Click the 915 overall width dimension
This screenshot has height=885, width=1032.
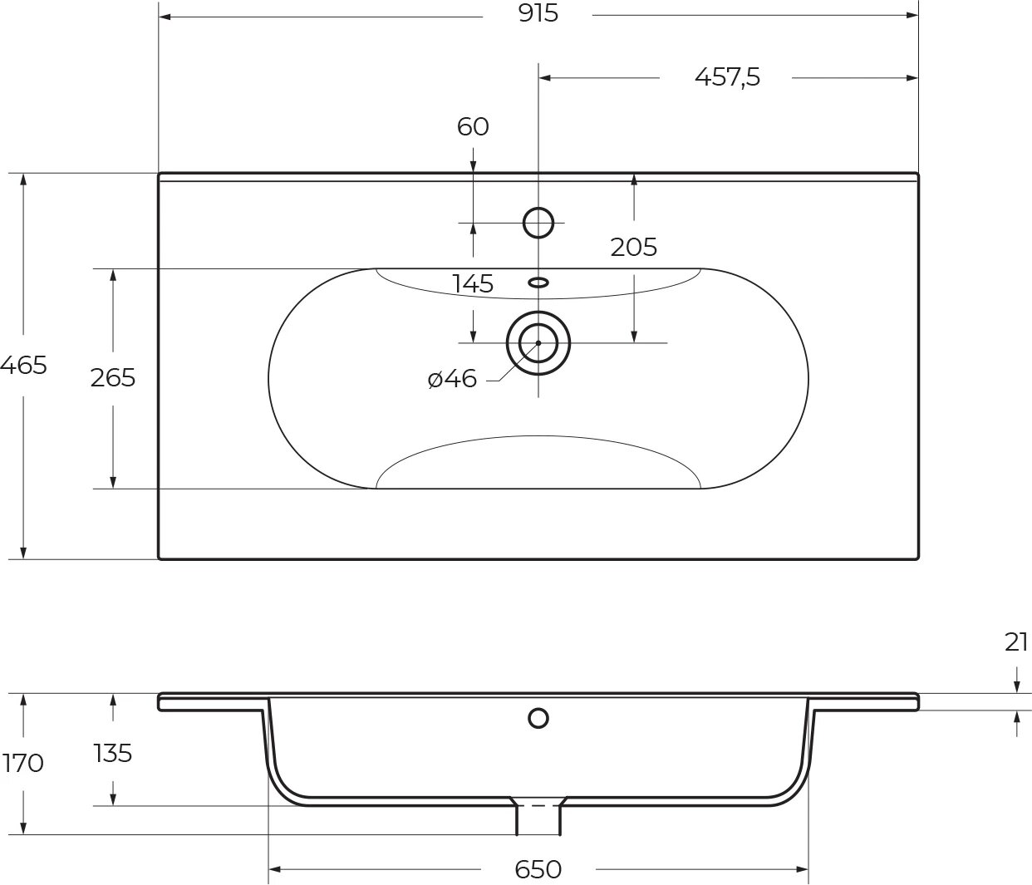(538, 14)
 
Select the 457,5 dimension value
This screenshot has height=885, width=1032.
(727, 77)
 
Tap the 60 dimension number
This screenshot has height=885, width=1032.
(473, 126)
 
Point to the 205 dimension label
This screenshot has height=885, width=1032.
(633, 247)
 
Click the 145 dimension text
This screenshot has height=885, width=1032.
(473, 284)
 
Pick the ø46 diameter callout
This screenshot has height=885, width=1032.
(453, 379)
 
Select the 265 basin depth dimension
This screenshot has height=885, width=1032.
(113, 377)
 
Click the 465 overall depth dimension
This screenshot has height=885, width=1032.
(23, 364)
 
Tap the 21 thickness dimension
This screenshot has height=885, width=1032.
(1016, 642)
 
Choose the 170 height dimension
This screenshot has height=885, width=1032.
(23, 762)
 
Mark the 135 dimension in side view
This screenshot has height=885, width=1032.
(113, 753)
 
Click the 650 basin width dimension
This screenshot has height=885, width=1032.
(538, 869)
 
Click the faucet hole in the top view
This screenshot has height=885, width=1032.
(538, 223)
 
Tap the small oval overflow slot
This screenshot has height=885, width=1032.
(538, 283)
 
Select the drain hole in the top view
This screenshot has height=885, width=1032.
(538, 342)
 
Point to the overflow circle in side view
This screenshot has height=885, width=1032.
(538, 718)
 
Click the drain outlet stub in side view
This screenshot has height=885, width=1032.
(538, 819)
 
